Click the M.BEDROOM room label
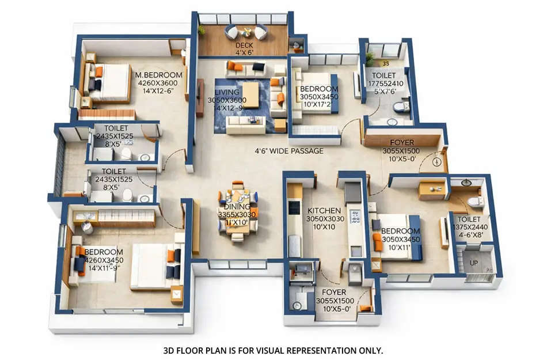pyautogui.click(x=158, y=75)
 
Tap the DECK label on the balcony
pyautogui.click(x=245, y=46)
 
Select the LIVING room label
pyautogui.click(x=226, y=92)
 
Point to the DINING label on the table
pyautogui.click(x=237, y=207)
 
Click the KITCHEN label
pyautogui.click(x=325, y=211)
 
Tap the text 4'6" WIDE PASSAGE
pyautogui.click(x=289, y=151)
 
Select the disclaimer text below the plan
pyautogui.click(x=273, y=350)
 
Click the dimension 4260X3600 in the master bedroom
pyautogui.click(x=158, y=83)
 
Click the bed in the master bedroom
pyautogui.click(x=109, y=82)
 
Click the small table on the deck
pyautogui.click(x=246, y=32)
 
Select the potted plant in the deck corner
pyautogui.click(x=202, y=29)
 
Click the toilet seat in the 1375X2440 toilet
pyautogui.click(x=475, y=202)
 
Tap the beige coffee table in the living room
pyautogui.click(x=250, y=95)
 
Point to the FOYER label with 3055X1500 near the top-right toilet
pyautogui.click(x=401, y=142)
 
